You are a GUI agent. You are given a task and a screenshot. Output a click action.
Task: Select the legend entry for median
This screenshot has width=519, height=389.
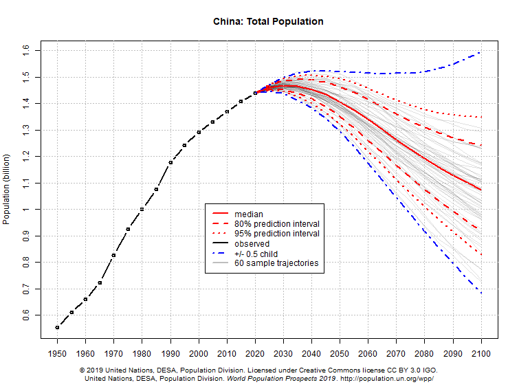(x=248, y=214)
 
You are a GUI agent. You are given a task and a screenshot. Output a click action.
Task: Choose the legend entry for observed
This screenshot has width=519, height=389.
(x=252, y=243)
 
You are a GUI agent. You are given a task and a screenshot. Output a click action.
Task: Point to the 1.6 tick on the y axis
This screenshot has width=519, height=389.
(x=25, y=49)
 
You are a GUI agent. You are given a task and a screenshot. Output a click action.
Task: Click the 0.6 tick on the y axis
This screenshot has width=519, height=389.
(x=25, y=315)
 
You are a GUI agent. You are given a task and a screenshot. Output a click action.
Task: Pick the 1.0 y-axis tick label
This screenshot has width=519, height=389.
(x=25, y=209)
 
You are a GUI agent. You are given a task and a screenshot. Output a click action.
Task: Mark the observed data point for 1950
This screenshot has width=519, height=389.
(x=57, y=327)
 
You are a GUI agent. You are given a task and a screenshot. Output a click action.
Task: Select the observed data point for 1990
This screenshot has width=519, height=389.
(x=170, y=162)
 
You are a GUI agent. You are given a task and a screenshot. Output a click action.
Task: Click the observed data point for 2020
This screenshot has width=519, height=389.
(x=255, y=93)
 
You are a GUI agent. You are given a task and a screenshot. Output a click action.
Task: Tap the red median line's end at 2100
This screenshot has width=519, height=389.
(x=481, y=190)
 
